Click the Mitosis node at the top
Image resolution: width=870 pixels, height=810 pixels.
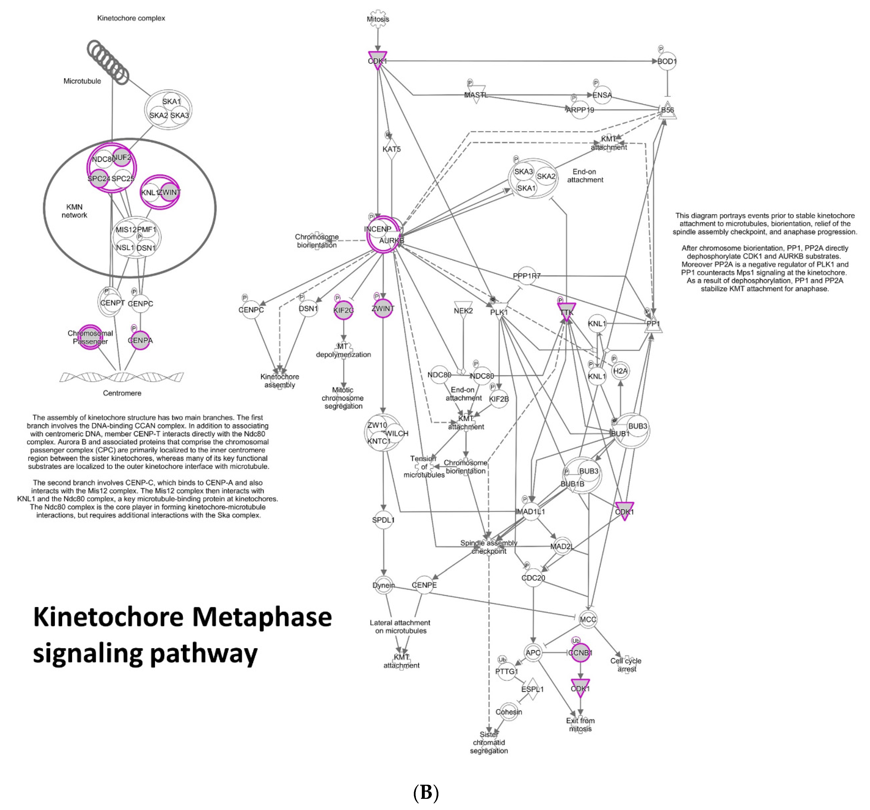pos(378,19)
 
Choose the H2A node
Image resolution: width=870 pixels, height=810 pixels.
pos(620,371)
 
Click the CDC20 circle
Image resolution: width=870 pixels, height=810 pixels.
pos(533,578)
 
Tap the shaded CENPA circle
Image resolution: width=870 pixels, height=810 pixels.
pos(140,340)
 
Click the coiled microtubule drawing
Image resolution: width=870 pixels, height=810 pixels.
pos(107,61)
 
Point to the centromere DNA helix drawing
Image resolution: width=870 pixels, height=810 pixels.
pos(122,376)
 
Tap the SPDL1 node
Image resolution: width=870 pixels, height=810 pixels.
pos(383,520)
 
